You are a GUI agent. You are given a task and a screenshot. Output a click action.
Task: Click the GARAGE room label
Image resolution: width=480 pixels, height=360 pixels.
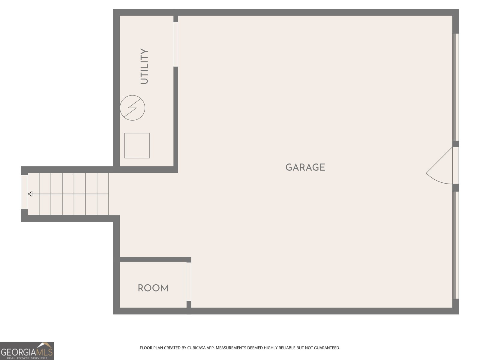click(305, 167)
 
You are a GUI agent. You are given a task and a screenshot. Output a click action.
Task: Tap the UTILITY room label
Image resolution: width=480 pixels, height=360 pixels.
click(144, 66)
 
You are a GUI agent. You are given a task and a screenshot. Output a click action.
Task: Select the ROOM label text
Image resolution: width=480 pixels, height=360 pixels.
click(153, 288)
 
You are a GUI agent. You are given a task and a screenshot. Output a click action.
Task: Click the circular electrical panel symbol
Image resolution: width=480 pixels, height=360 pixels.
click(133, 108)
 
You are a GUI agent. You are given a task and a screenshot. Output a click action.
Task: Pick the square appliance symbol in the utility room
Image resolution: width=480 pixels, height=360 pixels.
click(137, 145)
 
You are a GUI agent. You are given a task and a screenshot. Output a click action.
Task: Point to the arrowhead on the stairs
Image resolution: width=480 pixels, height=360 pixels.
click(30, 194)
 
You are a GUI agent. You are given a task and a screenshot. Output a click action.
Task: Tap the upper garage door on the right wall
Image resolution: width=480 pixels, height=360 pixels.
click(455, 87)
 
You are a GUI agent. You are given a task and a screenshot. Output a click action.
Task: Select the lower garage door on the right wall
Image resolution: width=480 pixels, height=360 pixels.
click(455, 245)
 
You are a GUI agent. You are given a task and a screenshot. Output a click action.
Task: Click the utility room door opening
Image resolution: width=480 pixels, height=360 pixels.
click(175, 44)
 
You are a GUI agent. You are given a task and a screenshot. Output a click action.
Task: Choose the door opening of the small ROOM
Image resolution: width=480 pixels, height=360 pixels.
click(189, 282)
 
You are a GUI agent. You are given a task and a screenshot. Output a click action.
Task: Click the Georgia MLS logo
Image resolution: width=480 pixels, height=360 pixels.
click(27, 351)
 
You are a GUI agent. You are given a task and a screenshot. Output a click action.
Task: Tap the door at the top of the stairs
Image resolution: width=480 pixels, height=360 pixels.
click(24, 192)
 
